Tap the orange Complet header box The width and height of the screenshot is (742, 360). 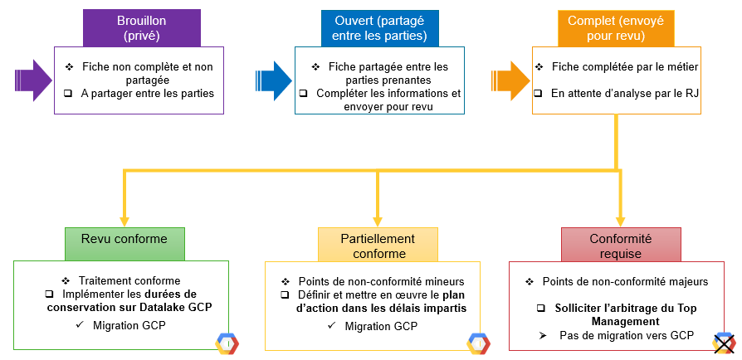coord(615,28)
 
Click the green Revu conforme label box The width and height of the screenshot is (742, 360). coord(124,240)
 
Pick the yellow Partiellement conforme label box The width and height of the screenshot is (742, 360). coord(378,245)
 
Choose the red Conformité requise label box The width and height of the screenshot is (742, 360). coord(620,245)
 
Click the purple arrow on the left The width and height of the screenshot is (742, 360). coord(33,80)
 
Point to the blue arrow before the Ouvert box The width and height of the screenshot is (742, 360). coord(273,80)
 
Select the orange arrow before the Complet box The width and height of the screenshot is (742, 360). coord(510,80)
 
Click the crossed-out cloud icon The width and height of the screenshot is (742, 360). coord(725,343)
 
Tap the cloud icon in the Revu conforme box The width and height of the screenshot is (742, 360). coord(226,343)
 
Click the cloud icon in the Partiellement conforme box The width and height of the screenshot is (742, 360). coord(478,343)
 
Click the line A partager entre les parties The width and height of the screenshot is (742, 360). coord(148,94)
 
